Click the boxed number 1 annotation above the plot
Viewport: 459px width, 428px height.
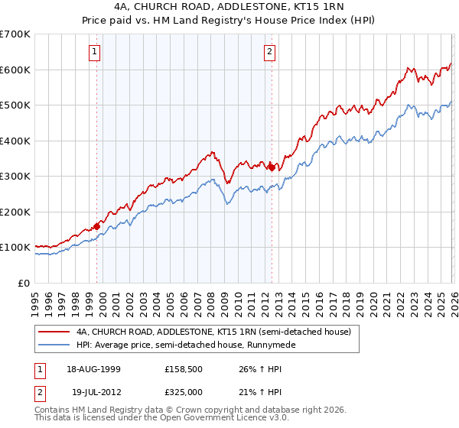94,52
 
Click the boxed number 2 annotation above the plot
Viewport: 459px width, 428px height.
270,52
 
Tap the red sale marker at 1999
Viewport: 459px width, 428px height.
97,226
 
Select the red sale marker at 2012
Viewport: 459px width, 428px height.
272,167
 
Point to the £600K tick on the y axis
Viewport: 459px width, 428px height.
15,70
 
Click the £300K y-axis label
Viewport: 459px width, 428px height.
15,177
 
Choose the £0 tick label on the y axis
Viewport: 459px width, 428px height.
23,283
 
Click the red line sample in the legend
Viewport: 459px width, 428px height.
54,332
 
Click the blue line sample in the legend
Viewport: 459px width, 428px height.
54,345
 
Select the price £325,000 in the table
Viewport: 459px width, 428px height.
184,392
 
